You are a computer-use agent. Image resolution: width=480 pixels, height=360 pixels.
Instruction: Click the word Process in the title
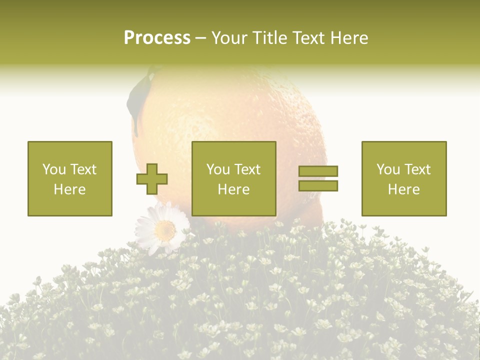pyautogui.click(x=157, y=38)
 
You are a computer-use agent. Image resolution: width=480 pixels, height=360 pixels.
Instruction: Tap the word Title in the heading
pyautogui.click(x=269, y=38)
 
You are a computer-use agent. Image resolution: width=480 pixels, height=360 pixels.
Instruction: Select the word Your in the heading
pyautogui.click(x=230, y=38)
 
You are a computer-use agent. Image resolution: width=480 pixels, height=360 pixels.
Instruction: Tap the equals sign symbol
pyautogui.click(x=318, y=178)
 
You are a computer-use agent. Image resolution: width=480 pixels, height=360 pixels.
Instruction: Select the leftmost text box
pyautogui.click(x=69, y=178)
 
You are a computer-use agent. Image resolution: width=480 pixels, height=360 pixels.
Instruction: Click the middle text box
pyautogui.click(x=233, y=178)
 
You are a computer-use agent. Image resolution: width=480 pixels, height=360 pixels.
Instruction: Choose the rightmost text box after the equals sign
pyautogui.click(x=403, y=178)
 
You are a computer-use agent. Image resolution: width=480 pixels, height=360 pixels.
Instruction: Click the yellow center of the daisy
pyautogui.click(x=164, y=229)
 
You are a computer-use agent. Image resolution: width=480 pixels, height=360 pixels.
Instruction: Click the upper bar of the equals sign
pyautogui.click(x=318, y=171)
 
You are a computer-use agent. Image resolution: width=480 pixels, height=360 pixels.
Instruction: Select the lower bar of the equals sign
pyautogui.click(x=318, y=185)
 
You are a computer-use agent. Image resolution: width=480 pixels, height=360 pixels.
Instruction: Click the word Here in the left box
pyautogui.click(x=69, y=189)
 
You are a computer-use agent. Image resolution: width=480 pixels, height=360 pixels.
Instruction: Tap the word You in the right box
pyautogui.click(x=387, y=169)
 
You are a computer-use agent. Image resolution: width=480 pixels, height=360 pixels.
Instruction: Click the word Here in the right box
pyautogui.click(x=403, y=189)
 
